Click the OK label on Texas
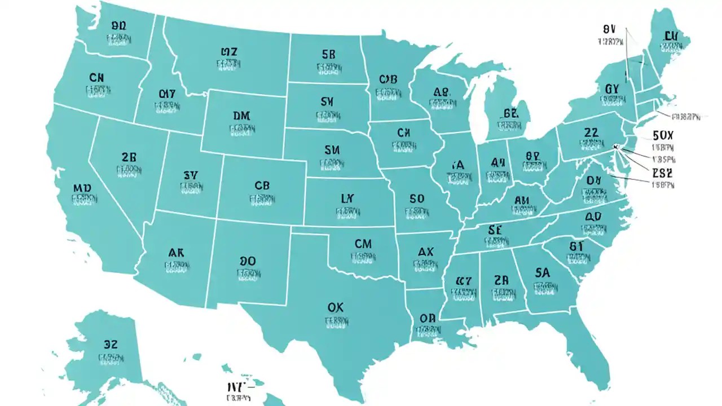coord(335,307)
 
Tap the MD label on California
coord(82,187)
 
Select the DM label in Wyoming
coord(241,116)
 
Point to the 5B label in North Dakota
coord(328,55)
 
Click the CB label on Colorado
coord(262,186)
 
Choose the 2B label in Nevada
coord(129,157)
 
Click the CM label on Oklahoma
coord(363,244)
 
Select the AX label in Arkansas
coord(425,251)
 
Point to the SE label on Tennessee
coord(495,230)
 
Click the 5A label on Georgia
coord(541,273)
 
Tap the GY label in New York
coord(612,89)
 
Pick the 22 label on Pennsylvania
coord(591,133)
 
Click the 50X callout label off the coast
coord(663,136)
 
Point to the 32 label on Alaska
coord(111,344)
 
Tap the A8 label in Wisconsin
coord(442,92)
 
